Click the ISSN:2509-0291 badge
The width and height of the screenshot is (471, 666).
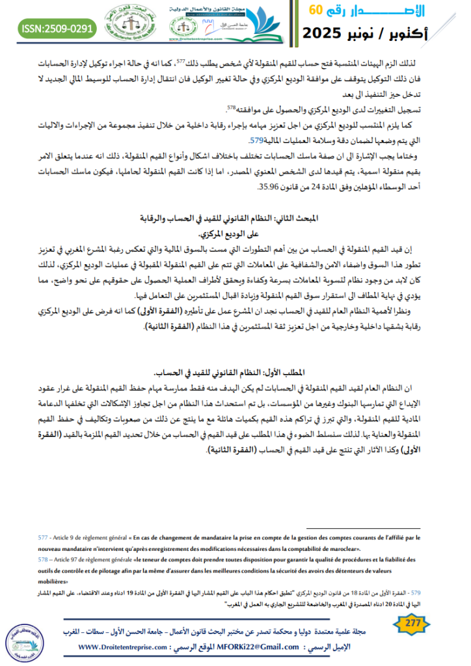[x=58, y=29]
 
